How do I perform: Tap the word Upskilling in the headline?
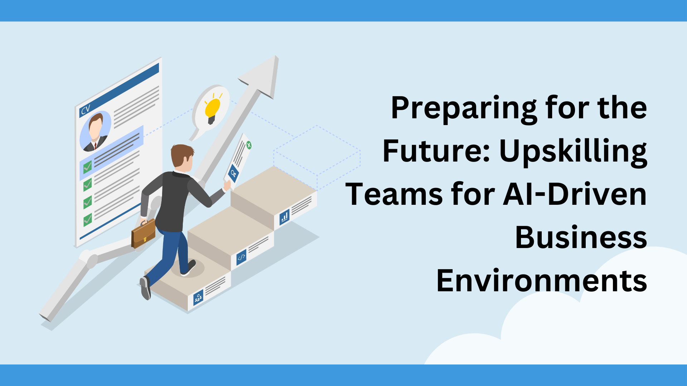tap(573, 152)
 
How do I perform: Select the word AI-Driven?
tap(575, 195)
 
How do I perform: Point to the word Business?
tap(581, 238)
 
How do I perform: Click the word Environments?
tap(541, 281)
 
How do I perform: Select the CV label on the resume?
tap(86, 110)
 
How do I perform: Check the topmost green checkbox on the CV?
tap(87, 167)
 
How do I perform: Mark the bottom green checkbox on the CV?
tap(87, 219)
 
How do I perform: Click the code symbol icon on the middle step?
tap(242, 257)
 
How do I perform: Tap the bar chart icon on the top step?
tap(284, 217)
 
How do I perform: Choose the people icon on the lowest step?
tap(198, 297)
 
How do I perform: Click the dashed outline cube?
tap(317, 157)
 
